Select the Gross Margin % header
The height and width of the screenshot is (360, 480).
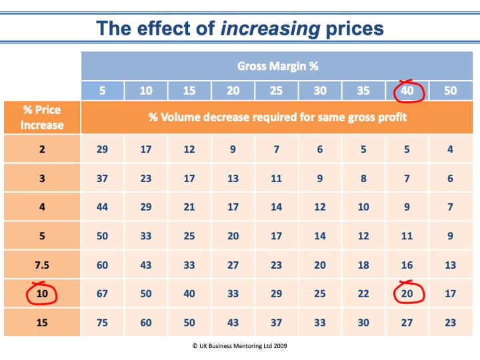277,66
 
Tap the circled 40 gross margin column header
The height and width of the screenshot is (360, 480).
408,91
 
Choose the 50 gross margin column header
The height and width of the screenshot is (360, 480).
451,91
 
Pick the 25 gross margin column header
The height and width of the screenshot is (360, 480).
277,91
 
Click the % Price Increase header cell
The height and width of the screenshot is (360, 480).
42,117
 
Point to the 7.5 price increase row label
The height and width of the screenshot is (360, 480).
42,265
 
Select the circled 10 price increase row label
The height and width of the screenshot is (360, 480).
42,293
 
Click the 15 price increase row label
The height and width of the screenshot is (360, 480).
42,323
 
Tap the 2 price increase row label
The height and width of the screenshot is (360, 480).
42,149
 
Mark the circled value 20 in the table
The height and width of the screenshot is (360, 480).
407,293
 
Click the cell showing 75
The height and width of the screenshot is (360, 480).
102,323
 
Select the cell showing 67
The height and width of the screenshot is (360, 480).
102,293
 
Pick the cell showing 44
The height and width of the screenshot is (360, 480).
102,207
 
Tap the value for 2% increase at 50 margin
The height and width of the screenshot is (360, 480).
451,149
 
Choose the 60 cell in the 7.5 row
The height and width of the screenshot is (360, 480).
102,265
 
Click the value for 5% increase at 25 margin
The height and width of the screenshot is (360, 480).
277,235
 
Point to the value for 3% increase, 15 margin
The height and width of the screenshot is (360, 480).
189,178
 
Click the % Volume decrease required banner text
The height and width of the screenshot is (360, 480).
277,117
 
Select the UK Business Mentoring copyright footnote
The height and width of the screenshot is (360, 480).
240,347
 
